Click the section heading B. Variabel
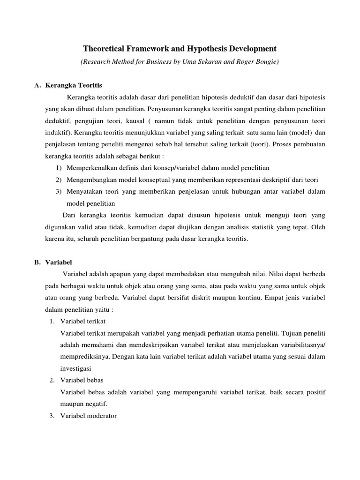tap(59, 262)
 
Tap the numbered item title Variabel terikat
tap(83, 321)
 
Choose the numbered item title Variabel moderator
tap(88, 415)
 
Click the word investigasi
tap(76, 368)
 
